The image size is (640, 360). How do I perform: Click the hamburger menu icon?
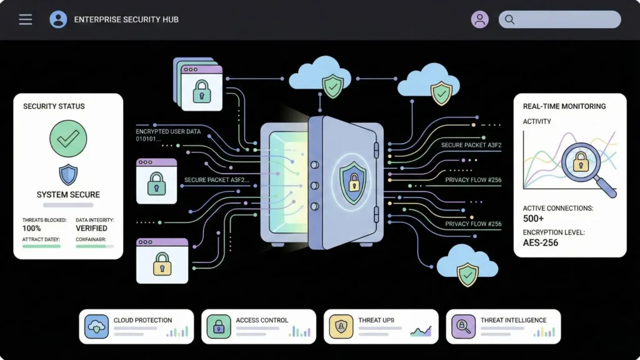coord(26,19)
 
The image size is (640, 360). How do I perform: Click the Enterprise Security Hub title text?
coord(126,19)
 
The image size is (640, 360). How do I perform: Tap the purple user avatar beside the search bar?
coord(479,19)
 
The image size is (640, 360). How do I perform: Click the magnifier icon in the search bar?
coord(509,19)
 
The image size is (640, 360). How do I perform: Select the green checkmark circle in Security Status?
coord(67,139)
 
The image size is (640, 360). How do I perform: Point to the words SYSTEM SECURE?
coord(68,194)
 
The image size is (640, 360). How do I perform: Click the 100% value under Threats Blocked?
coord(32,229)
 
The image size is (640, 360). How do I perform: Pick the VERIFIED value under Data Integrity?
coord(92,229)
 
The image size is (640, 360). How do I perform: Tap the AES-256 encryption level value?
coord(541,242)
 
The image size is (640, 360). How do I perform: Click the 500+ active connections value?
coord(533,219)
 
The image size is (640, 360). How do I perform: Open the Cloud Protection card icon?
coord(97,326)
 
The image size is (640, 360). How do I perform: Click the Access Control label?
coord(262,320)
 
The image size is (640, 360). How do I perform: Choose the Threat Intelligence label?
coord(513,320)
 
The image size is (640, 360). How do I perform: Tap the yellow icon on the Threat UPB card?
coord(341,326)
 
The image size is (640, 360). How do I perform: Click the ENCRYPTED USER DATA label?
coord(169,132)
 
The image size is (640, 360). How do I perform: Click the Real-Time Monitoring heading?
coord(564,106)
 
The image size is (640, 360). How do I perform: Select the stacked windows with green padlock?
coord(199,86)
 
